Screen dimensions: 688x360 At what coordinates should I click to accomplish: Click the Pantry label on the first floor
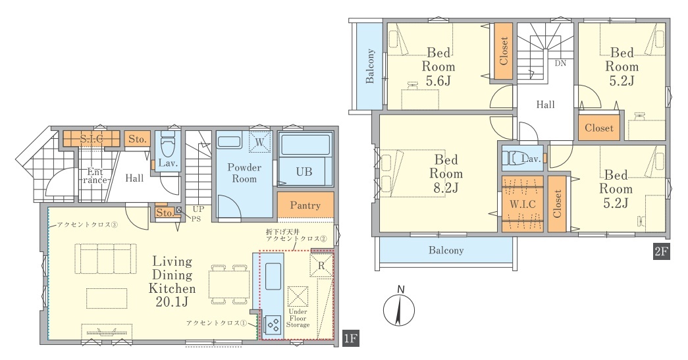click(305, 205)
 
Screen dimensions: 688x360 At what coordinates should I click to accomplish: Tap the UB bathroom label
click(304, 172)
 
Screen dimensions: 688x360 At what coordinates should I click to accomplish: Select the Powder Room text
click(244, 173)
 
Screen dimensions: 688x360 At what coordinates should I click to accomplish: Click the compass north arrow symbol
click(399, 309)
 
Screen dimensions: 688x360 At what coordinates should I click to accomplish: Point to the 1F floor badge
click(351, 338)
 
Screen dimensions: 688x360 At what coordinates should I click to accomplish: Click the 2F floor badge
click(661, 251)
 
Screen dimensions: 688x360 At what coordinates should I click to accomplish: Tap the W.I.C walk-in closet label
click(523, 204)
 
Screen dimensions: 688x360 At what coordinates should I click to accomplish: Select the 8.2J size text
click(446, 188)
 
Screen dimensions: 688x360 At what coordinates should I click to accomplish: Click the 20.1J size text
click(172, 302)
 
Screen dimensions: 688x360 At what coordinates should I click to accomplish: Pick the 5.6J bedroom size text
click(438, 81)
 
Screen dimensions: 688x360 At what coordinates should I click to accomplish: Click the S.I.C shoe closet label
click(92, 139)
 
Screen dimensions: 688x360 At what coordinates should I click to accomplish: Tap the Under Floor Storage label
click(298, 319)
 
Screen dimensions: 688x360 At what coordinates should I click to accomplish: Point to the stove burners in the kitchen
click(273, 325)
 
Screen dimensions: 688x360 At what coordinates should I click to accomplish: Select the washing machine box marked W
click(259, 142)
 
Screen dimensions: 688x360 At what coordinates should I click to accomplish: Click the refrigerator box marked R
click(321, 265)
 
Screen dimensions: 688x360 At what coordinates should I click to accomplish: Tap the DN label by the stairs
click(560, 63)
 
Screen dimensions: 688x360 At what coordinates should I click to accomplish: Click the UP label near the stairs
click(198, 209)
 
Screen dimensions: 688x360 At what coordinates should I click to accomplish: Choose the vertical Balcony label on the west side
click(370, 66)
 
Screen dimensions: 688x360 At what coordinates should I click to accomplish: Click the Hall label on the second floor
click(545, 105)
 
